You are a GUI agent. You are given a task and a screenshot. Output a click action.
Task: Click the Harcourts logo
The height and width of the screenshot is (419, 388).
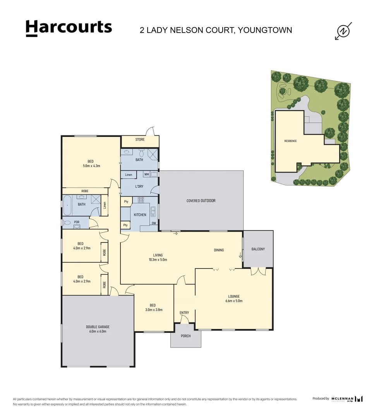coord(69,28)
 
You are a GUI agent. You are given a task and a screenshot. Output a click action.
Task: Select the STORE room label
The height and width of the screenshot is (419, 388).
coord(140,140)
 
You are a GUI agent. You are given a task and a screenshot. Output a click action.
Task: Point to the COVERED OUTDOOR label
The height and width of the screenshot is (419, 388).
coord(201,201)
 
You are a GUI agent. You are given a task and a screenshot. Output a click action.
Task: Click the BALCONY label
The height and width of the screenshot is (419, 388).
coord(258,249)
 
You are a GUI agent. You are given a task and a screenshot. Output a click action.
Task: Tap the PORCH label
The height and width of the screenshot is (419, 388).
coord(186,336)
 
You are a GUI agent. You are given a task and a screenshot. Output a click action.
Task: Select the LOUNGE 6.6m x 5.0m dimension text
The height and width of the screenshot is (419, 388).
coord(234,301)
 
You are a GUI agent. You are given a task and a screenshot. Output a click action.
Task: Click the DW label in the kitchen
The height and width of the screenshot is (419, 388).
coord(154,223)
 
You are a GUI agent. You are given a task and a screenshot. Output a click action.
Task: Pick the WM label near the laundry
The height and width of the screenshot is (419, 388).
coord(146,175)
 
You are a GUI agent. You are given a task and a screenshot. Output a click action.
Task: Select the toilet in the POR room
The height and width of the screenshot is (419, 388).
coord(67,223)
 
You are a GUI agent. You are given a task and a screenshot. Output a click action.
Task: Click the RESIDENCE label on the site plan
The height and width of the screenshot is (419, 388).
coord(290,141)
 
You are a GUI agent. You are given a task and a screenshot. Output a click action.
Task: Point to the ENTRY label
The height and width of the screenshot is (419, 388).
coord(184,313)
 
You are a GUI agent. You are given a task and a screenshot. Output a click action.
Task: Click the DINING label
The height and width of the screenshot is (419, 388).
coord(219,250)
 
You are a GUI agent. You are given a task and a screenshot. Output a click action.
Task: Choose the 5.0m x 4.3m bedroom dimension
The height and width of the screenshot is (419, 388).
coord(91,166)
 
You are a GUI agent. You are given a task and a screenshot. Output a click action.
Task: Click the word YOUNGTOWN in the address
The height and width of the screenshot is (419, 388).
coord(265,30)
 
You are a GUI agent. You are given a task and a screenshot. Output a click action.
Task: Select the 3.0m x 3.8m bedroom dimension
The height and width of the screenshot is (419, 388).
coord(154,310)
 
